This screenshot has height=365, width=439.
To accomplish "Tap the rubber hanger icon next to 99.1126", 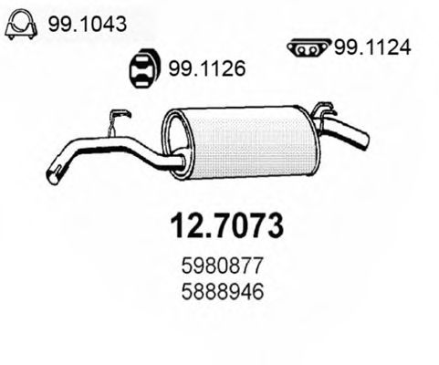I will click(x=144, y=68).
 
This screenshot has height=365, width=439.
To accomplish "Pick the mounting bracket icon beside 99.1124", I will click(x=308, y=47).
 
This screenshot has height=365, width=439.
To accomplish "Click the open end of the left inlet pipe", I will click(x=53, y=175).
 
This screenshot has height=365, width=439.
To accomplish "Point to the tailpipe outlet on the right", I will click(x=362, y=141).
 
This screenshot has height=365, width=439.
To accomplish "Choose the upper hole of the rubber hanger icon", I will click(x=144, y=62).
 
